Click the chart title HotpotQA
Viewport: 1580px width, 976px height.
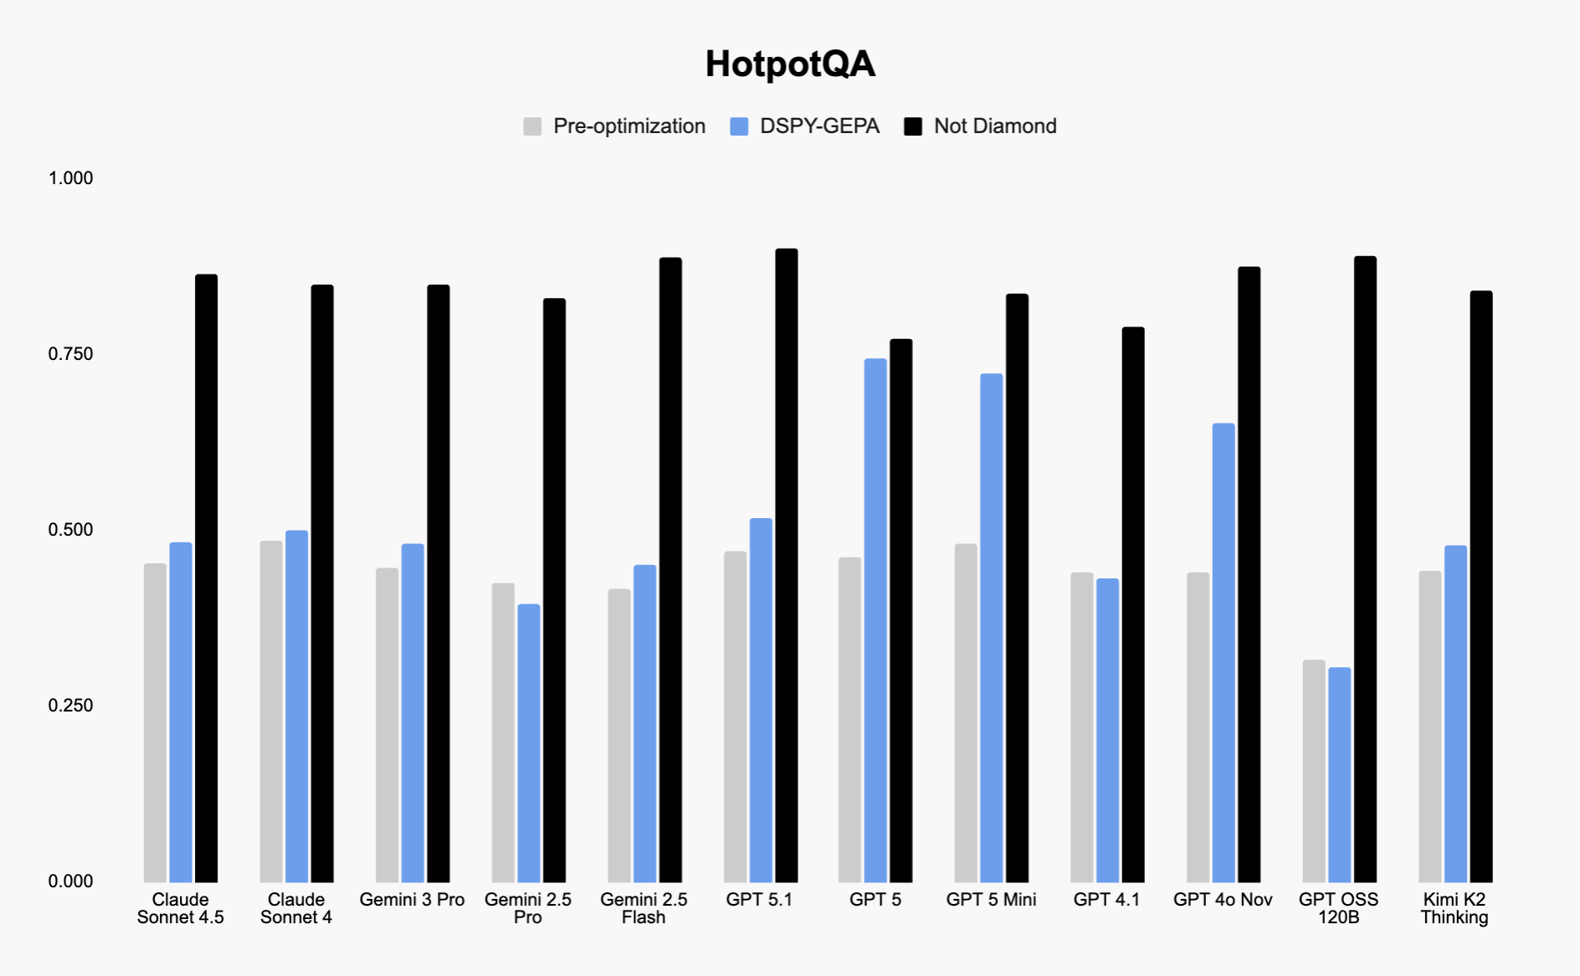point(790,64)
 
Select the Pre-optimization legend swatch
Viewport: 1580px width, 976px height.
point(532,126)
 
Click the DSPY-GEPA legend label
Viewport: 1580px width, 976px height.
point(819,126)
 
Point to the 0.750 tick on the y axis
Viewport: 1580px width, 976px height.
point(70,354)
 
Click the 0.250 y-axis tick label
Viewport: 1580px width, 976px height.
point(70,706)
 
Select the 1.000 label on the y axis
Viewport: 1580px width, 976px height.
point(70,178)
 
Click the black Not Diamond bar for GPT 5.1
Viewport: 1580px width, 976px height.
point(787,565)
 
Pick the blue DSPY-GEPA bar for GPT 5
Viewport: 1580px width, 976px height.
point(875,619)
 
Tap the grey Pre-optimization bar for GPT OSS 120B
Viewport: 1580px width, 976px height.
point(1314,770)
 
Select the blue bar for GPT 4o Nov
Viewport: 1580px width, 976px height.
point(1223,653)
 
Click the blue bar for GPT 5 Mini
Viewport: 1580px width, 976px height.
point(992,628)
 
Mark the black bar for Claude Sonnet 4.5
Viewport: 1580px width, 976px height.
point(207,578)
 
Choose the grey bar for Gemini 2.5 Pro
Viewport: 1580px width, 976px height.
point(503,732)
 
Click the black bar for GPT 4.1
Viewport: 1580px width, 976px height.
point(1133,603)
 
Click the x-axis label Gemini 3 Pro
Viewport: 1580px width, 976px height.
point(412,900)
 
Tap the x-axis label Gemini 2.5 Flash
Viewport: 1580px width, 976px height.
point(644,908)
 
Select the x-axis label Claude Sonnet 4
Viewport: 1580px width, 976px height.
point(296,908)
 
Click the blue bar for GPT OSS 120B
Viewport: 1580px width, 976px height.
point(1339,774)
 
